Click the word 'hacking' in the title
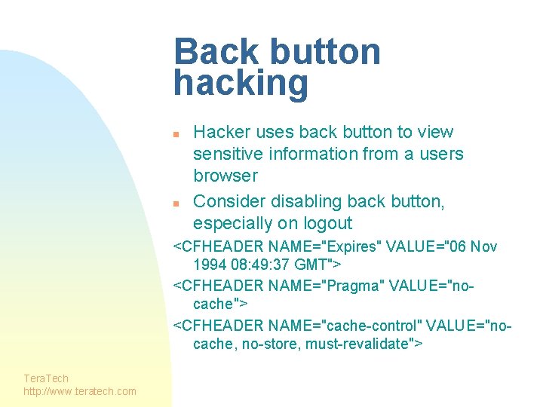(241, 84)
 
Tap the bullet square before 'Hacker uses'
(175, 133)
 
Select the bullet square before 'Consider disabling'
(175, 203)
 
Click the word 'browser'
(225, 176)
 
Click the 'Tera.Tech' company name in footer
(46, 378)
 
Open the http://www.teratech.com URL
(80, 390)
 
